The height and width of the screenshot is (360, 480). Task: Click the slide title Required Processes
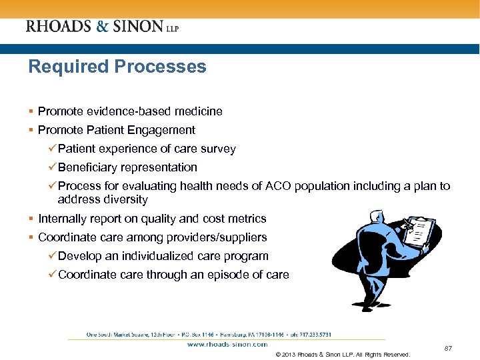(117, 67)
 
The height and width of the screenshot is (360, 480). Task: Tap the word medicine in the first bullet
(199, 111)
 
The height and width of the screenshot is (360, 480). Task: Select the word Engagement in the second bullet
(163, 130)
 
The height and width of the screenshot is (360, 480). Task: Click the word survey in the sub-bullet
(218, 149)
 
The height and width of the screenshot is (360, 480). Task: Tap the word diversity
(126, 199)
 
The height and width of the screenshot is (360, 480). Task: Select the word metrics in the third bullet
(247, 219)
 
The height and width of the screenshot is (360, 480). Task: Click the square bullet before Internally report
(31, 219)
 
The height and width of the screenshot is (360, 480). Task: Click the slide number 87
(448, 347)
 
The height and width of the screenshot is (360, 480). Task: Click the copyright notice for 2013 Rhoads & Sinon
(343, 354)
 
